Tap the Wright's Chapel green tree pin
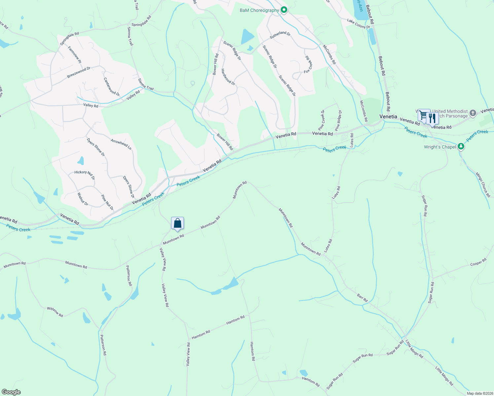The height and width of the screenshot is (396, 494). pyautogui.click(x=461, y=147)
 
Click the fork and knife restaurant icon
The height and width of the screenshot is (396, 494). pyautogui.click(x=432, y=118)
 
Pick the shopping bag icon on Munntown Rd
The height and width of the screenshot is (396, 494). pyautogui.click(x=177, y=223)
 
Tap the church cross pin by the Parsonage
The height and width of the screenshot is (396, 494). pyautogui.click(x=473, y=113)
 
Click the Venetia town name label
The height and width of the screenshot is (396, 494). pyautogui.click(x=388, y=116)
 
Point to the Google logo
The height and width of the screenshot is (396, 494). pyautogui.click(x=11, y=392)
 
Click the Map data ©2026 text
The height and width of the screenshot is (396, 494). pyautogui.click(x=480, y=393)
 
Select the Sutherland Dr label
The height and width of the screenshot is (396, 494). pyautogui.click(x=280, y=35)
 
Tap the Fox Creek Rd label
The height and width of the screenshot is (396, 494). pyautogui.click(x=308, y=65)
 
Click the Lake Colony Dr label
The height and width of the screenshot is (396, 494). pyautogui.click(x=358, y=23)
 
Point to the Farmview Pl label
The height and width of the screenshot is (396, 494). pyautogui.click(x=75, y=54)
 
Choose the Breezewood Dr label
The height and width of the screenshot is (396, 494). pyautogui.click(x=79, y=73)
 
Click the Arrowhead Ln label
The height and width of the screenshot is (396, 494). pyautogui.click(x=121, y=144)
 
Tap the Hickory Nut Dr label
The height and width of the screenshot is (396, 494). pyautogui.click(x=85, y=175)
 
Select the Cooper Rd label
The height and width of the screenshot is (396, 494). pyautogui.click(x=478, y=262)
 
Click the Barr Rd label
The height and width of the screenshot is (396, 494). pyautogui.click(x=362, y=298)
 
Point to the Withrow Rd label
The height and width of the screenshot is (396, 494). pyautogui.click(x=55, y=312)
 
